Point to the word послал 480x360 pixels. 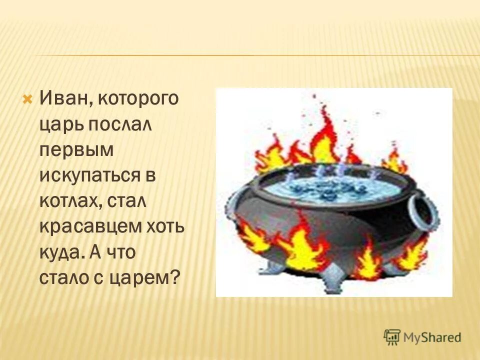coord(120,125)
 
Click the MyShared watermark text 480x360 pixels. coord(431,337)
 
